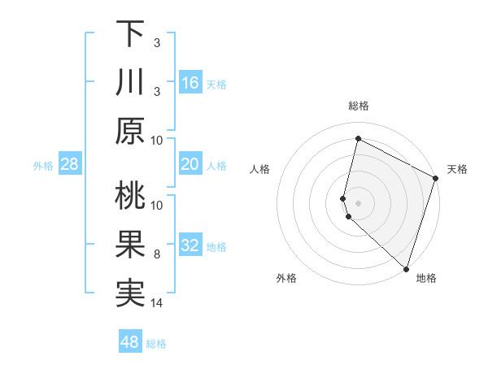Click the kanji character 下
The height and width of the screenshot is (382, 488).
click(x=130, y=33)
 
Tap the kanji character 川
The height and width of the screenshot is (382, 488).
click(x=130, y=82)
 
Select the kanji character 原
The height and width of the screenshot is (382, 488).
click(x=130, y=130)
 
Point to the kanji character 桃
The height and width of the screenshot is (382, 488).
click(x=130, y=197)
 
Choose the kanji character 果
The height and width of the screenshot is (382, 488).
click(x=130, y=245)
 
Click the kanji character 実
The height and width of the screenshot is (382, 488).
click(x=130, y=294)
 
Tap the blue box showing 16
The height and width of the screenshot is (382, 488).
click(x=190, y=83)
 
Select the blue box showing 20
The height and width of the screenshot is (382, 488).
click(x=190, y=164)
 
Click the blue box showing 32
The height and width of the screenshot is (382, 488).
click(x=190, y=246)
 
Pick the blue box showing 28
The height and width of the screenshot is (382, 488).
click(x=69, y=165)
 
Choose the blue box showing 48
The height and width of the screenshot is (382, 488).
click(x=130, y=342)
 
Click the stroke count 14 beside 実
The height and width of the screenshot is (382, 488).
click(x=157, y=303)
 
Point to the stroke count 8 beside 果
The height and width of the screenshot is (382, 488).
click(x=157, y=254)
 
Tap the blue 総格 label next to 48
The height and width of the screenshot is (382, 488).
click(x=156, y=343)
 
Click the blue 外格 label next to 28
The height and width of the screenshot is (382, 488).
click(x=43, y=166)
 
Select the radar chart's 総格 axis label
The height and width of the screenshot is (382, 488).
click(x=358, y=106)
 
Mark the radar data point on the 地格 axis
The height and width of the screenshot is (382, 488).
click(x=406, y=268)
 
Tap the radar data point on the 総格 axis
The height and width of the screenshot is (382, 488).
click(x=358, y=138)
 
